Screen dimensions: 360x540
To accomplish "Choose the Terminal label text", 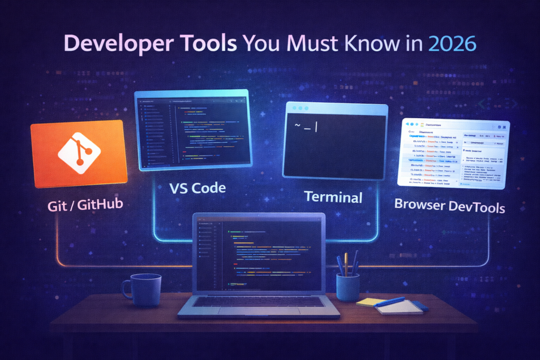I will (333, 197).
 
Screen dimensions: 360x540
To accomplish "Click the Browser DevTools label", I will (449, 205).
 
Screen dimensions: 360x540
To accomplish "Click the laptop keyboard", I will (258, 301).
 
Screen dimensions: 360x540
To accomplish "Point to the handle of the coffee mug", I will (127, 289).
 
